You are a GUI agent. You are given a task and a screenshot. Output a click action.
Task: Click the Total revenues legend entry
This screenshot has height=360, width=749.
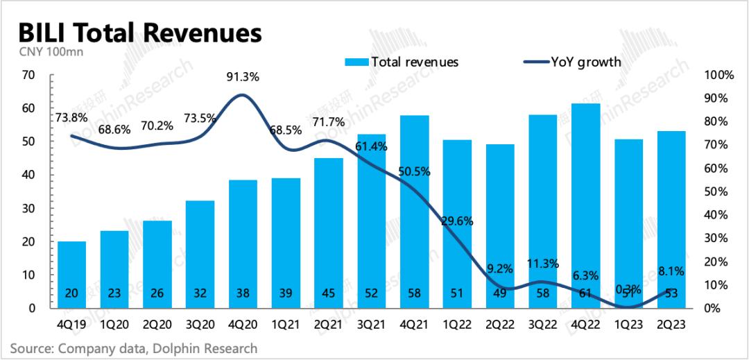pos(402,62)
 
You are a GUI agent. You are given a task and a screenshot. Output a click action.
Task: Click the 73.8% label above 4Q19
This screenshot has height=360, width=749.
pos(73,117)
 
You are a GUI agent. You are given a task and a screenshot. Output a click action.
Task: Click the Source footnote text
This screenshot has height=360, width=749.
pos(134,348)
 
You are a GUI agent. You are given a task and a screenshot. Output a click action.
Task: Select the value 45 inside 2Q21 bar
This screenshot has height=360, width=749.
pos(328,293)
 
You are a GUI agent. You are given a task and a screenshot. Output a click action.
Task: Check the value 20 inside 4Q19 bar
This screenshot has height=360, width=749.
pos(72,293)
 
